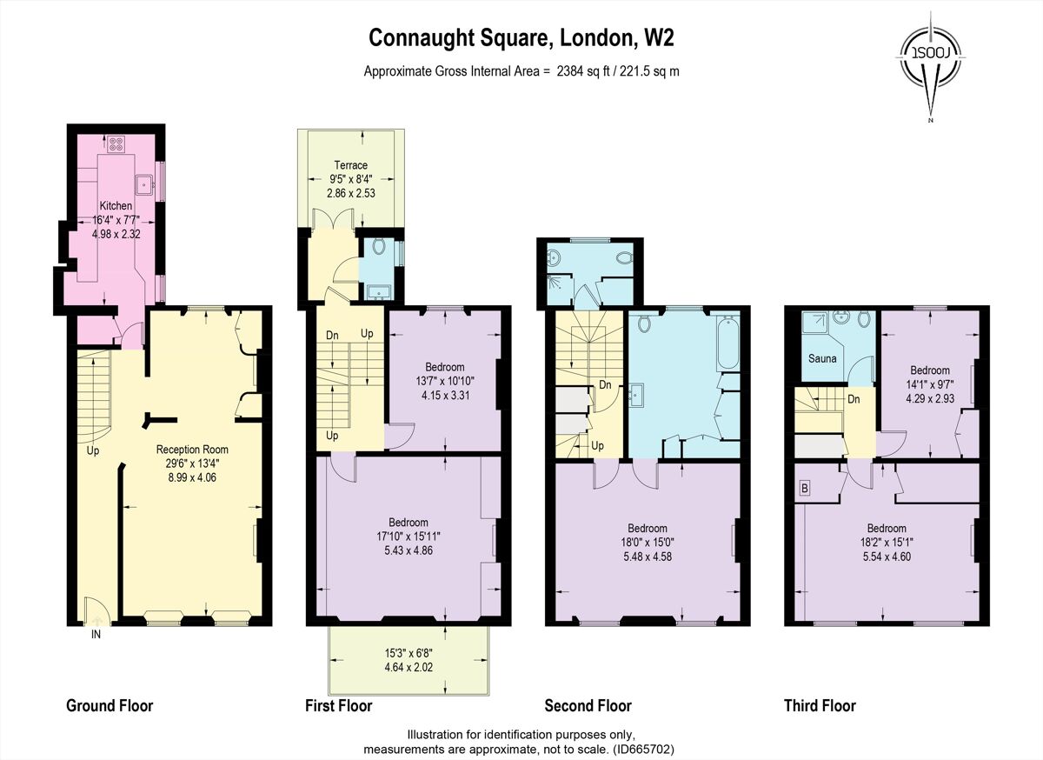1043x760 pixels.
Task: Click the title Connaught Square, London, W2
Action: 521,37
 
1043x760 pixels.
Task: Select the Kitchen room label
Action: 115,206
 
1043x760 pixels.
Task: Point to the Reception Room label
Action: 192,450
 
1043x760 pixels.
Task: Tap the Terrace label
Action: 350,165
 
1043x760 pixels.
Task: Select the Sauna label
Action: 822,358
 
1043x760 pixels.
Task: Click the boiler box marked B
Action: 804,488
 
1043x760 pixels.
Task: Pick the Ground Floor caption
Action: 110,705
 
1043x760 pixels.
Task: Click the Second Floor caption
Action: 588,705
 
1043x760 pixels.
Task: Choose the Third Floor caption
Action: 819,705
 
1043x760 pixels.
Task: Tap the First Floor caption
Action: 338,705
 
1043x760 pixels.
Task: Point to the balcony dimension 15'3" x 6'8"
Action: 409,653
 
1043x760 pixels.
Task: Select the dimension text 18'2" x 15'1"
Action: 886,542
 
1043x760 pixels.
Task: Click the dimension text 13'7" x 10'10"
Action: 445,380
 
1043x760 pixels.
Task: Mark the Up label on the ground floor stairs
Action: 93,451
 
